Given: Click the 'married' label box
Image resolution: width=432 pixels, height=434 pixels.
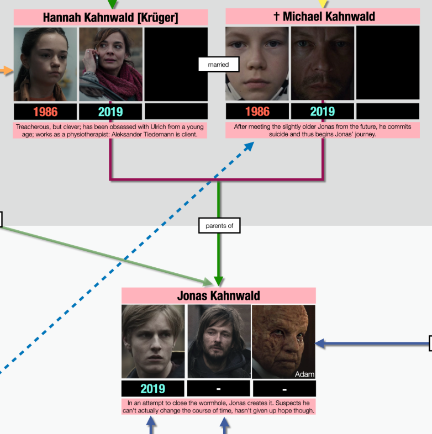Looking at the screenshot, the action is (219, 65).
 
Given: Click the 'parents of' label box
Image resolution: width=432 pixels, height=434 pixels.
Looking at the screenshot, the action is (219, 226).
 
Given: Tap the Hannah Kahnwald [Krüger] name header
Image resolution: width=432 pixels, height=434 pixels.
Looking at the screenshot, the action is (111, 18).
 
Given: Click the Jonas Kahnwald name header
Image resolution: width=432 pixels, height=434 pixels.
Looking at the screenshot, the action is (219, 295).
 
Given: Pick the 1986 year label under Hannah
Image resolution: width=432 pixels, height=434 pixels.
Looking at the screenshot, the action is (45, 112).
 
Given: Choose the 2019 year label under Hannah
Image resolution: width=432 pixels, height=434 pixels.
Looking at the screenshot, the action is (110, 112).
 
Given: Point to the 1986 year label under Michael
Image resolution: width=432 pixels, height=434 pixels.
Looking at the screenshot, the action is (257, 112).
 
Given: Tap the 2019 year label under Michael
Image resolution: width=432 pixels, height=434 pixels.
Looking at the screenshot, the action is (323, 112).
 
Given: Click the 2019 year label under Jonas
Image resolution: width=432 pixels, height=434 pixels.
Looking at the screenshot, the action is (153, 389).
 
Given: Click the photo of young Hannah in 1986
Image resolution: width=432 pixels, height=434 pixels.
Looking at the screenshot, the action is (45, 64).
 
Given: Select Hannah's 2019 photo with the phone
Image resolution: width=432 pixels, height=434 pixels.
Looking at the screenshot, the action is (111, 64).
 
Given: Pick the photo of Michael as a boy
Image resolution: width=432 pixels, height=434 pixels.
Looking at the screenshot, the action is (257, 63).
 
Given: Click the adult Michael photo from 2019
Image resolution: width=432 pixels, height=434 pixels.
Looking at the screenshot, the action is (323, 63).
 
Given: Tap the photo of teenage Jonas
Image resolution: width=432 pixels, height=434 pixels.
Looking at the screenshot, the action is (153, 342).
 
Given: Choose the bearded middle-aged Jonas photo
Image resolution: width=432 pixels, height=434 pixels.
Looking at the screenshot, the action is (219, 342).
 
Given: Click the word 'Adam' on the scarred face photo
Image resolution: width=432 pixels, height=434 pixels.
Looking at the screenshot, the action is (304, 374).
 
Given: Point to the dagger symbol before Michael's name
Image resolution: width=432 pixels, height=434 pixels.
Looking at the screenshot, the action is (276, 16).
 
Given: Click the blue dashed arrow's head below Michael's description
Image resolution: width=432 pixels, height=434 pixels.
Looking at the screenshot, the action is (249, 146).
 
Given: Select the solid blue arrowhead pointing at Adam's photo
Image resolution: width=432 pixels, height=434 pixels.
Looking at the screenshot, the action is (320, 343).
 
